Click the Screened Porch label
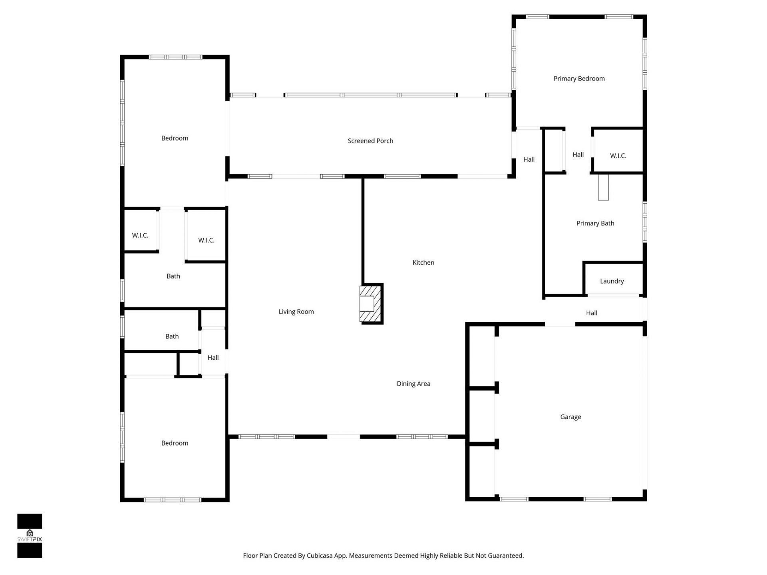(x=370, y=141)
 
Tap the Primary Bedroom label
(x=579, y=79)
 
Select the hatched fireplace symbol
(x=371, y=304)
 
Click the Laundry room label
(x=612, y=281)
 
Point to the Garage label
(x=570, y=417)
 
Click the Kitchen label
(x=423, y=263)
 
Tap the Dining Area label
(x=413, y=384)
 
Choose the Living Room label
(x=296, y=312)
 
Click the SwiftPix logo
(x=30, y=535)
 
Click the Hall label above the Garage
(x=591, y=313)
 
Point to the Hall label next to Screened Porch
(x=529, y=160)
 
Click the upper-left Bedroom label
(x=175, y=138)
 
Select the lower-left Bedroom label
(x=175, y=443)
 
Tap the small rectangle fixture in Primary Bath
(x=603, y=187)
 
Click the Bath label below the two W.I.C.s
(x=173, y=276)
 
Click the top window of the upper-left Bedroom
(x=175, y=57)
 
